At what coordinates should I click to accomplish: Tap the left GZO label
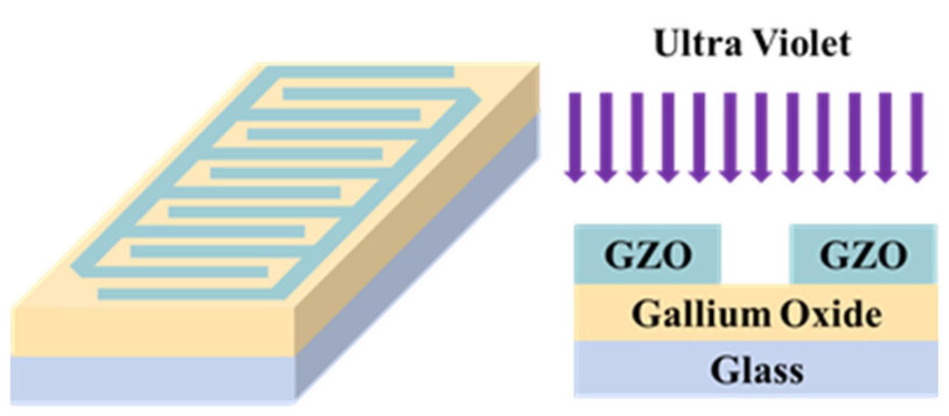click(x=648, y=256)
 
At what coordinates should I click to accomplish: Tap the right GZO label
click(x=863, y=256)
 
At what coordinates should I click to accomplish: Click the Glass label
click(x=756, y=370)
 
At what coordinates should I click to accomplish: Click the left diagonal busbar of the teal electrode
click(x=169, y=169)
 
